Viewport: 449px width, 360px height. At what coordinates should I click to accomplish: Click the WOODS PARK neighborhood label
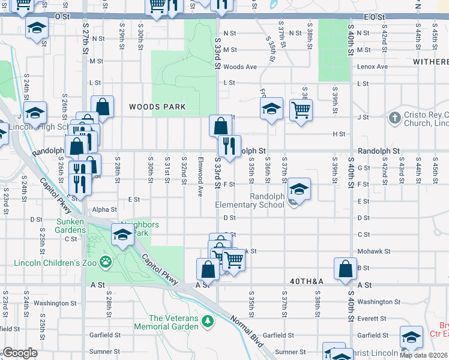pyautogui.click(x=157, y=107)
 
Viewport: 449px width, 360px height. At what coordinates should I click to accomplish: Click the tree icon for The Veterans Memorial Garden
pyautogui.click(x=208, y=322)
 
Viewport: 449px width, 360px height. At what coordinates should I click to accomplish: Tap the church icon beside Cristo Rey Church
pyautogui.click(x=394, y=118)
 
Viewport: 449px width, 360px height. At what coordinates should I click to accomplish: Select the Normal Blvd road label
pyautogui.click(x=247, y=334)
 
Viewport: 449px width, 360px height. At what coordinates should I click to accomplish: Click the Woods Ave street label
pyautogui.click(x=240, y=67)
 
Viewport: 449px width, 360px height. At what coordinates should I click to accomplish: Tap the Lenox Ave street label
pyautogui.click(x=370, y=67)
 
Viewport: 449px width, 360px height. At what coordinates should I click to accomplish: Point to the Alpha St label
pyautogui.click(x=104, y=209)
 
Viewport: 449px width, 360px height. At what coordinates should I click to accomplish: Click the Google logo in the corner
pyautogui.click(x=19, y=353)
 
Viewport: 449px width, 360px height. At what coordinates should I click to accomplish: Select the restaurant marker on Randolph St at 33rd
pyautogui.click(x=229, y=145)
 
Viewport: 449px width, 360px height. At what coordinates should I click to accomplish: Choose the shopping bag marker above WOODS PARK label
pyautogui.click(x=103, y=106)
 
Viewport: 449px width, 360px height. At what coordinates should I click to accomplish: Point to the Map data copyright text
pyautogui.click(x=423, y=355)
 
